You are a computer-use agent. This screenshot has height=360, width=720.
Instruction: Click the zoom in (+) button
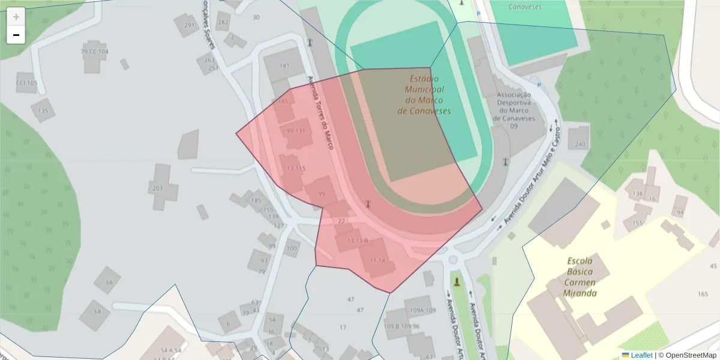(x=16, y=17)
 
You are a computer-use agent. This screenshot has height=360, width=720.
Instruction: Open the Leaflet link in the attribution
(x=641, y=355)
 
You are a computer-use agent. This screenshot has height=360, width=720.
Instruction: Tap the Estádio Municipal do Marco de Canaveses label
(x=424, y=95)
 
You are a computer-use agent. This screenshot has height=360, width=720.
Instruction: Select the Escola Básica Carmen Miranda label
(x=580, y=277)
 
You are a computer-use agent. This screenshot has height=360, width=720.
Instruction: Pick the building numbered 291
(x=190, y=25)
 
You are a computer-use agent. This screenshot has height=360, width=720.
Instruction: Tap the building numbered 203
(x=158, y=188)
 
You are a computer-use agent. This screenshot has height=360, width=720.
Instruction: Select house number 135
(x=43, y=111)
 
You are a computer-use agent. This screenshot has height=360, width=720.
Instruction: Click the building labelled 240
(x=580, y=145)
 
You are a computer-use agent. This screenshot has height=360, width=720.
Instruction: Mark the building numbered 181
(x=284, y=65)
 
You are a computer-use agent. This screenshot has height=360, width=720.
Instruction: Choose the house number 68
(x=97, y=312)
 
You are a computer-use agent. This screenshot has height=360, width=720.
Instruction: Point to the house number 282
(x=223, y=23)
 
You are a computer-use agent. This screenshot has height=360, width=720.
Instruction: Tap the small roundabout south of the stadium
(x=453, y=260)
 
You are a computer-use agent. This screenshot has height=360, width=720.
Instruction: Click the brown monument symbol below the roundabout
(x=457, y=281)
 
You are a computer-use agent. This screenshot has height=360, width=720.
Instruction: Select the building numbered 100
(x=292, y=248)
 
